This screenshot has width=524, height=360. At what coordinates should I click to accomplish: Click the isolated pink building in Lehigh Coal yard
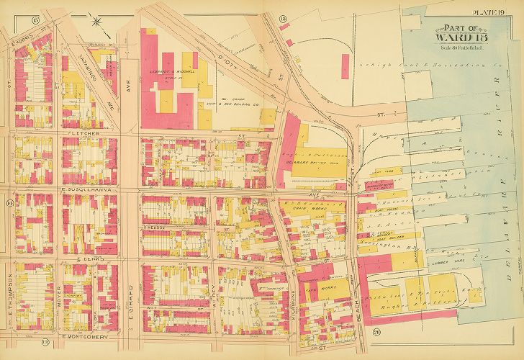pyautogui.click(x=290, y=44)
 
